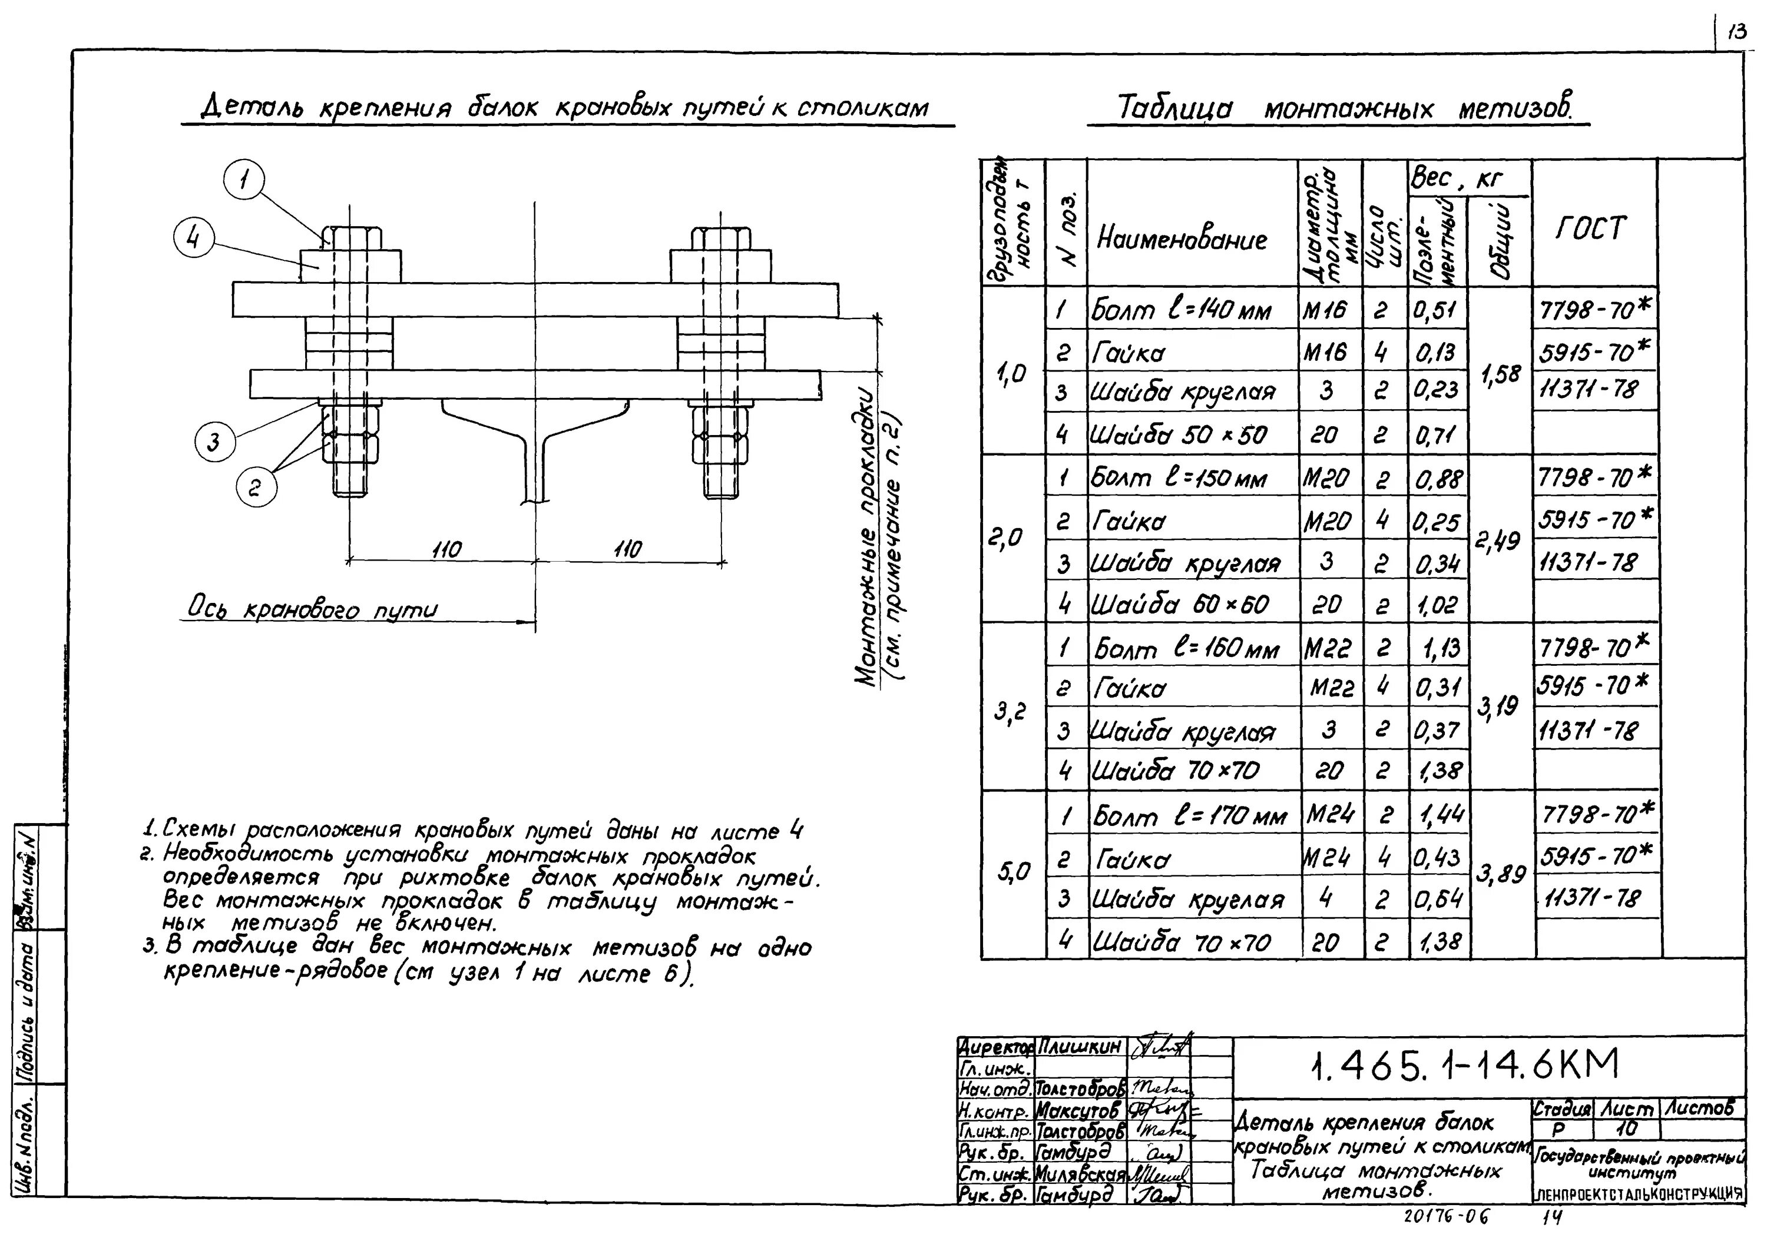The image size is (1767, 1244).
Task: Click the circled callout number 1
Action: (x=243, y=181)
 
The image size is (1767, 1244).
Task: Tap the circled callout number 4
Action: (x=193, y=239)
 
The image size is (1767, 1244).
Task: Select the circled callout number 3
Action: (x=214, y=442)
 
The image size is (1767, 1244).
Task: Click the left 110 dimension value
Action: (x=446, y=549)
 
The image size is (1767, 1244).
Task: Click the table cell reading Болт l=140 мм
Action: (x=1182, y=311)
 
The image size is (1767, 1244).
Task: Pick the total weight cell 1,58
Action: (x=1501, y=374)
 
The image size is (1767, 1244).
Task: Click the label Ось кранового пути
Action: (x=312, y=609)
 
